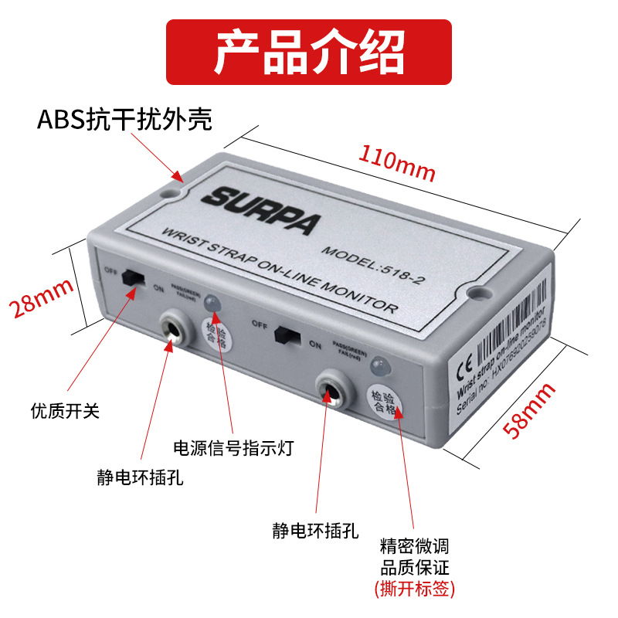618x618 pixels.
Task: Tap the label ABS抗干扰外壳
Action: point(125,121)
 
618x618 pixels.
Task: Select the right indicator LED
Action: point(378,365)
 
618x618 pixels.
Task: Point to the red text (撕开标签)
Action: point(415,589)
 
